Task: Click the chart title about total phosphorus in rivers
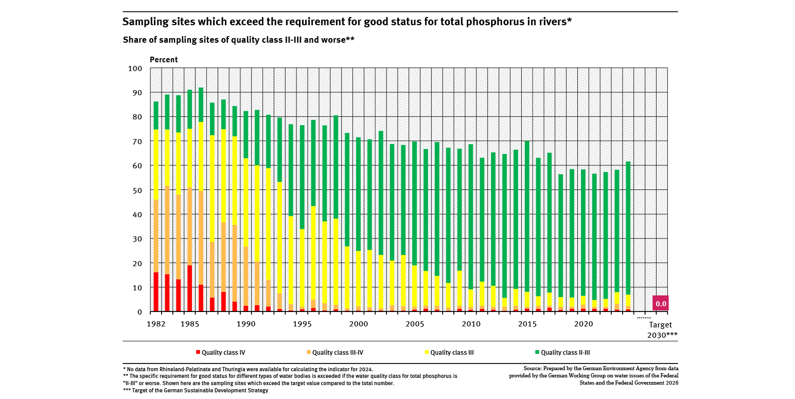point(347,22)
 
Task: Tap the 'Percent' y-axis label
point(164,60)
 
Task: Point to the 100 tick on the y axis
point(135,68)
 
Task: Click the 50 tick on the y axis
point(137,190)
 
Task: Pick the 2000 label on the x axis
point(358,324)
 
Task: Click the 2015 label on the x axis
point(527,324)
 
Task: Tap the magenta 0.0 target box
point(660,303)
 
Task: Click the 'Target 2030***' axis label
point(661,329)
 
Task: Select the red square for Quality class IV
point(198,352)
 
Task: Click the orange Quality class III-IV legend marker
point(309,352)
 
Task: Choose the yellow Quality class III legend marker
point(427,352)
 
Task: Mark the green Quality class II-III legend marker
point(537,352)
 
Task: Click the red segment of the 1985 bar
point(190,288)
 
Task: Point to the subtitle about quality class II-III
point(239,40)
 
